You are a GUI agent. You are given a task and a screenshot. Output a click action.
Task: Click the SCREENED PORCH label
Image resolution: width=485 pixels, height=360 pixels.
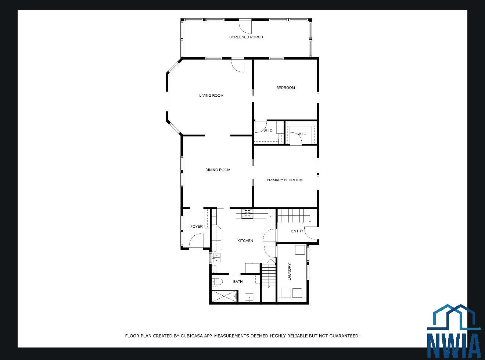(246, 37)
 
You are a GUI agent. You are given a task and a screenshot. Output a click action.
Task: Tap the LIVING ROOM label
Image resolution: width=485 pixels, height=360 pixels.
(211, 95)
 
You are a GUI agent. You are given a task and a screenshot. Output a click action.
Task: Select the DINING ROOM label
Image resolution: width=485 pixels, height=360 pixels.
(218, 170)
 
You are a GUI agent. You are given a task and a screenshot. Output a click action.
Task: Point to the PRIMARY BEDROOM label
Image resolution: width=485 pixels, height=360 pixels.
(284, 180)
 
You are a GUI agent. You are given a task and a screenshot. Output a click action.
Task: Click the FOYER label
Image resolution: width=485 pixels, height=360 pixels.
(196, 226)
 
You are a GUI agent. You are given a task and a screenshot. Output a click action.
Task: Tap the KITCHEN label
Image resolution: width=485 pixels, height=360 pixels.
(245, 241)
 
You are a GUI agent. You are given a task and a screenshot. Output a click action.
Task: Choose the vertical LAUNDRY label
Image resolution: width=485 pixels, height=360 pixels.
(289, 272)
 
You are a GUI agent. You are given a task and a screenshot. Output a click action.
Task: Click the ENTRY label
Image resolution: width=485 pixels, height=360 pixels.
(297, 231)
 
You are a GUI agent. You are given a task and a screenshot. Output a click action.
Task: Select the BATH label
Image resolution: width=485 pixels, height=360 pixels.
(238, 281)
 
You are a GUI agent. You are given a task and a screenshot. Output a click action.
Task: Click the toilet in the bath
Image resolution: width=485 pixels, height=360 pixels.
(217, 282)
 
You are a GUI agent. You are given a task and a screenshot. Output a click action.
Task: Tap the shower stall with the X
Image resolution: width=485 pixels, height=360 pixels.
(224, 296)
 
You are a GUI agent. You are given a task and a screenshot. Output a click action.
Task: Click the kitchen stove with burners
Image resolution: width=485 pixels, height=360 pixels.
(247, 214)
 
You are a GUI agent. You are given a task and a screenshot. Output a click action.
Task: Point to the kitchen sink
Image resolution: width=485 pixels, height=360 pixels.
(216, 257)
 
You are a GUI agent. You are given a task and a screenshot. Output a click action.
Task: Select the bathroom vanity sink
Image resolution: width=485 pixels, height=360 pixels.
(249, 297)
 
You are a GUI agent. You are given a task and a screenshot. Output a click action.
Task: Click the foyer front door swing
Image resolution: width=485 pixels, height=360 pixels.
(196, 241)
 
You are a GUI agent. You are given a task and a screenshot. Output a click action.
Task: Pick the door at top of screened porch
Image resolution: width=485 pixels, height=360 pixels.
(245, 26)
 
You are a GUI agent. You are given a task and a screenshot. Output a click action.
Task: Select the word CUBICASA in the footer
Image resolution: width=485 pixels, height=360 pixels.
(192, 336)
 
